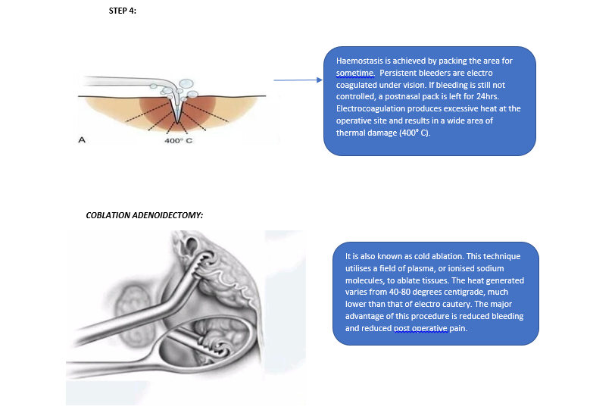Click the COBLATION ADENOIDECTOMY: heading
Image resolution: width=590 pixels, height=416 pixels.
tap(145, 215)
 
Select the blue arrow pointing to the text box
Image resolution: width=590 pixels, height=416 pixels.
tap(298, 80)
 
